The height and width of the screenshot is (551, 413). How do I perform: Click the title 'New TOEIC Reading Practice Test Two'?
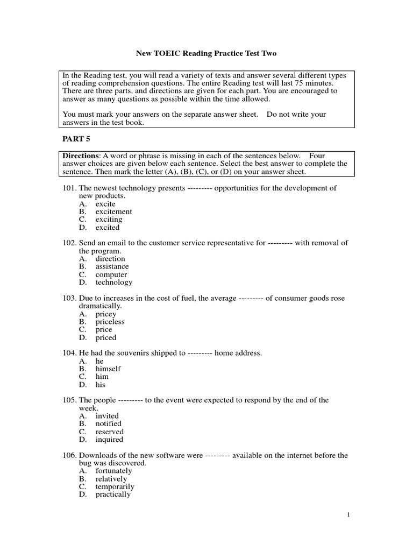[x=206, y=54]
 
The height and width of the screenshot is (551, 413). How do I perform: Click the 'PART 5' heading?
[x=74, y=139]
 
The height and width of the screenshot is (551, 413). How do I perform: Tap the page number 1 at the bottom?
[x=348, y=515]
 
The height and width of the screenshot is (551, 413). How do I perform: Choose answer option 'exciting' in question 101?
[x=109, y=220]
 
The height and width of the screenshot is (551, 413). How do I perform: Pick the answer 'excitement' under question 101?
[x=113, y=212]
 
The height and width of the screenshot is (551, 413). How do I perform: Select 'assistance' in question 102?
[x=112, y=266]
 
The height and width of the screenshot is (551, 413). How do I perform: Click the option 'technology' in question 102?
[x=113, y=282]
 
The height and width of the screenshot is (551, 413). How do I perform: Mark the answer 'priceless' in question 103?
[x=110, y=322]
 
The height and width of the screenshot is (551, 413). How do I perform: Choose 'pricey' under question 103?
[x=105, y=314]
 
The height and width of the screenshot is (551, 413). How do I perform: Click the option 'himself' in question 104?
[x=108, y=369]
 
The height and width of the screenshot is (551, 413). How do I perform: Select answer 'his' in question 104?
[x=101, y=385]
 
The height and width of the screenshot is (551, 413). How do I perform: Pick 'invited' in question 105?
[x=107, y=416]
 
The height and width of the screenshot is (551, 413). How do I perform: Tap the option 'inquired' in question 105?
[x=109, y=440]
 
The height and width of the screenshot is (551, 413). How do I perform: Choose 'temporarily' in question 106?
[x=115, y=486]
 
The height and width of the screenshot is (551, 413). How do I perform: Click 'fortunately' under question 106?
[x=113, y=471]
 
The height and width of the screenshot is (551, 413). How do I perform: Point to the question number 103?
[x=70, y=298]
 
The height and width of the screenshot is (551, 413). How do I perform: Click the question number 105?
[x=70, y=400]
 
